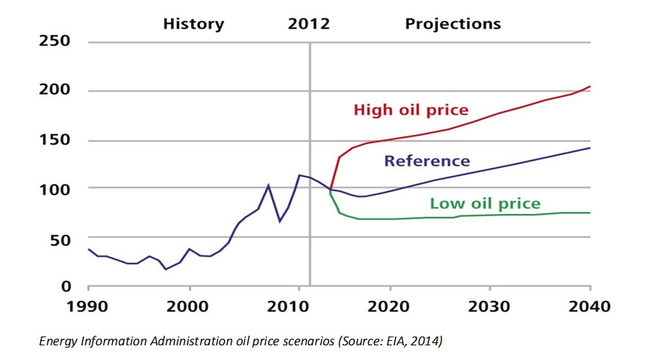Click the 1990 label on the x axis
coord(88,306)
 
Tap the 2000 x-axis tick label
coord(189,306)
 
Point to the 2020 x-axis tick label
coord(389,306)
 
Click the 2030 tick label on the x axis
coord(490,306)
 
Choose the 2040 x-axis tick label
coord(590,306)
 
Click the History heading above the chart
coord(194,23)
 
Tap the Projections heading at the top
coord(453,23)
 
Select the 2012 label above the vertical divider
coord(309,23)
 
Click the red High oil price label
coord(410,111)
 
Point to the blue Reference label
coord(426,161)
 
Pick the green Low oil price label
coord(485,203)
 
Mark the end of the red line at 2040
coord(590,87)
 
